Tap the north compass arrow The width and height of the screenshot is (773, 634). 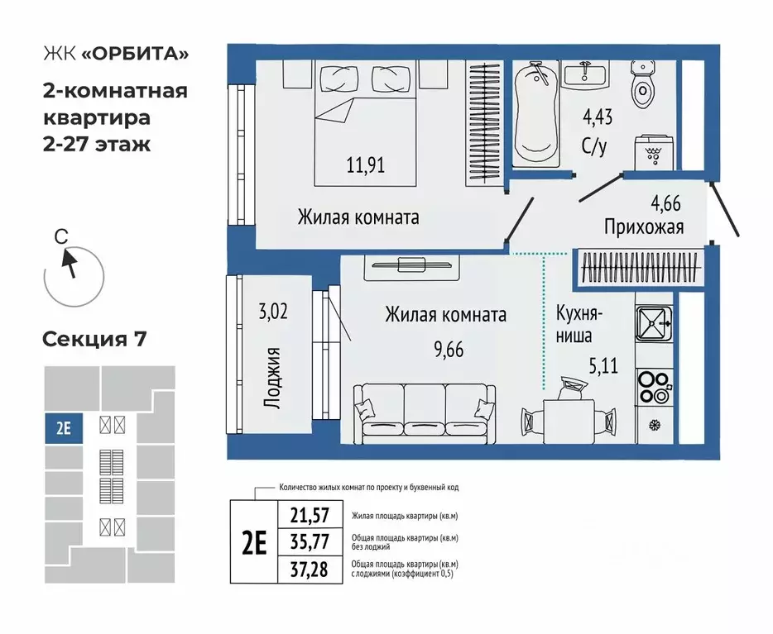pyautogui.click(x=69, y=262)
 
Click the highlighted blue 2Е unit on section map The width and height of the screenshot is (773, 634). pyautogui.click(x=63, y=429)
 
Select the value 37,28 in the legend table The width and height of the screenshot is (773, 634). pyautogui.click(x=310, y=569)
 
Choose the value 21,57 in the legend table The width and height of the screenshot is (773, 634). pyautogui.click(x=310, y=516)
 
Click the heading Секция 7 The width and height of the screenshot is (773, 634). pyautogui.click(x=94, y=339)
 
